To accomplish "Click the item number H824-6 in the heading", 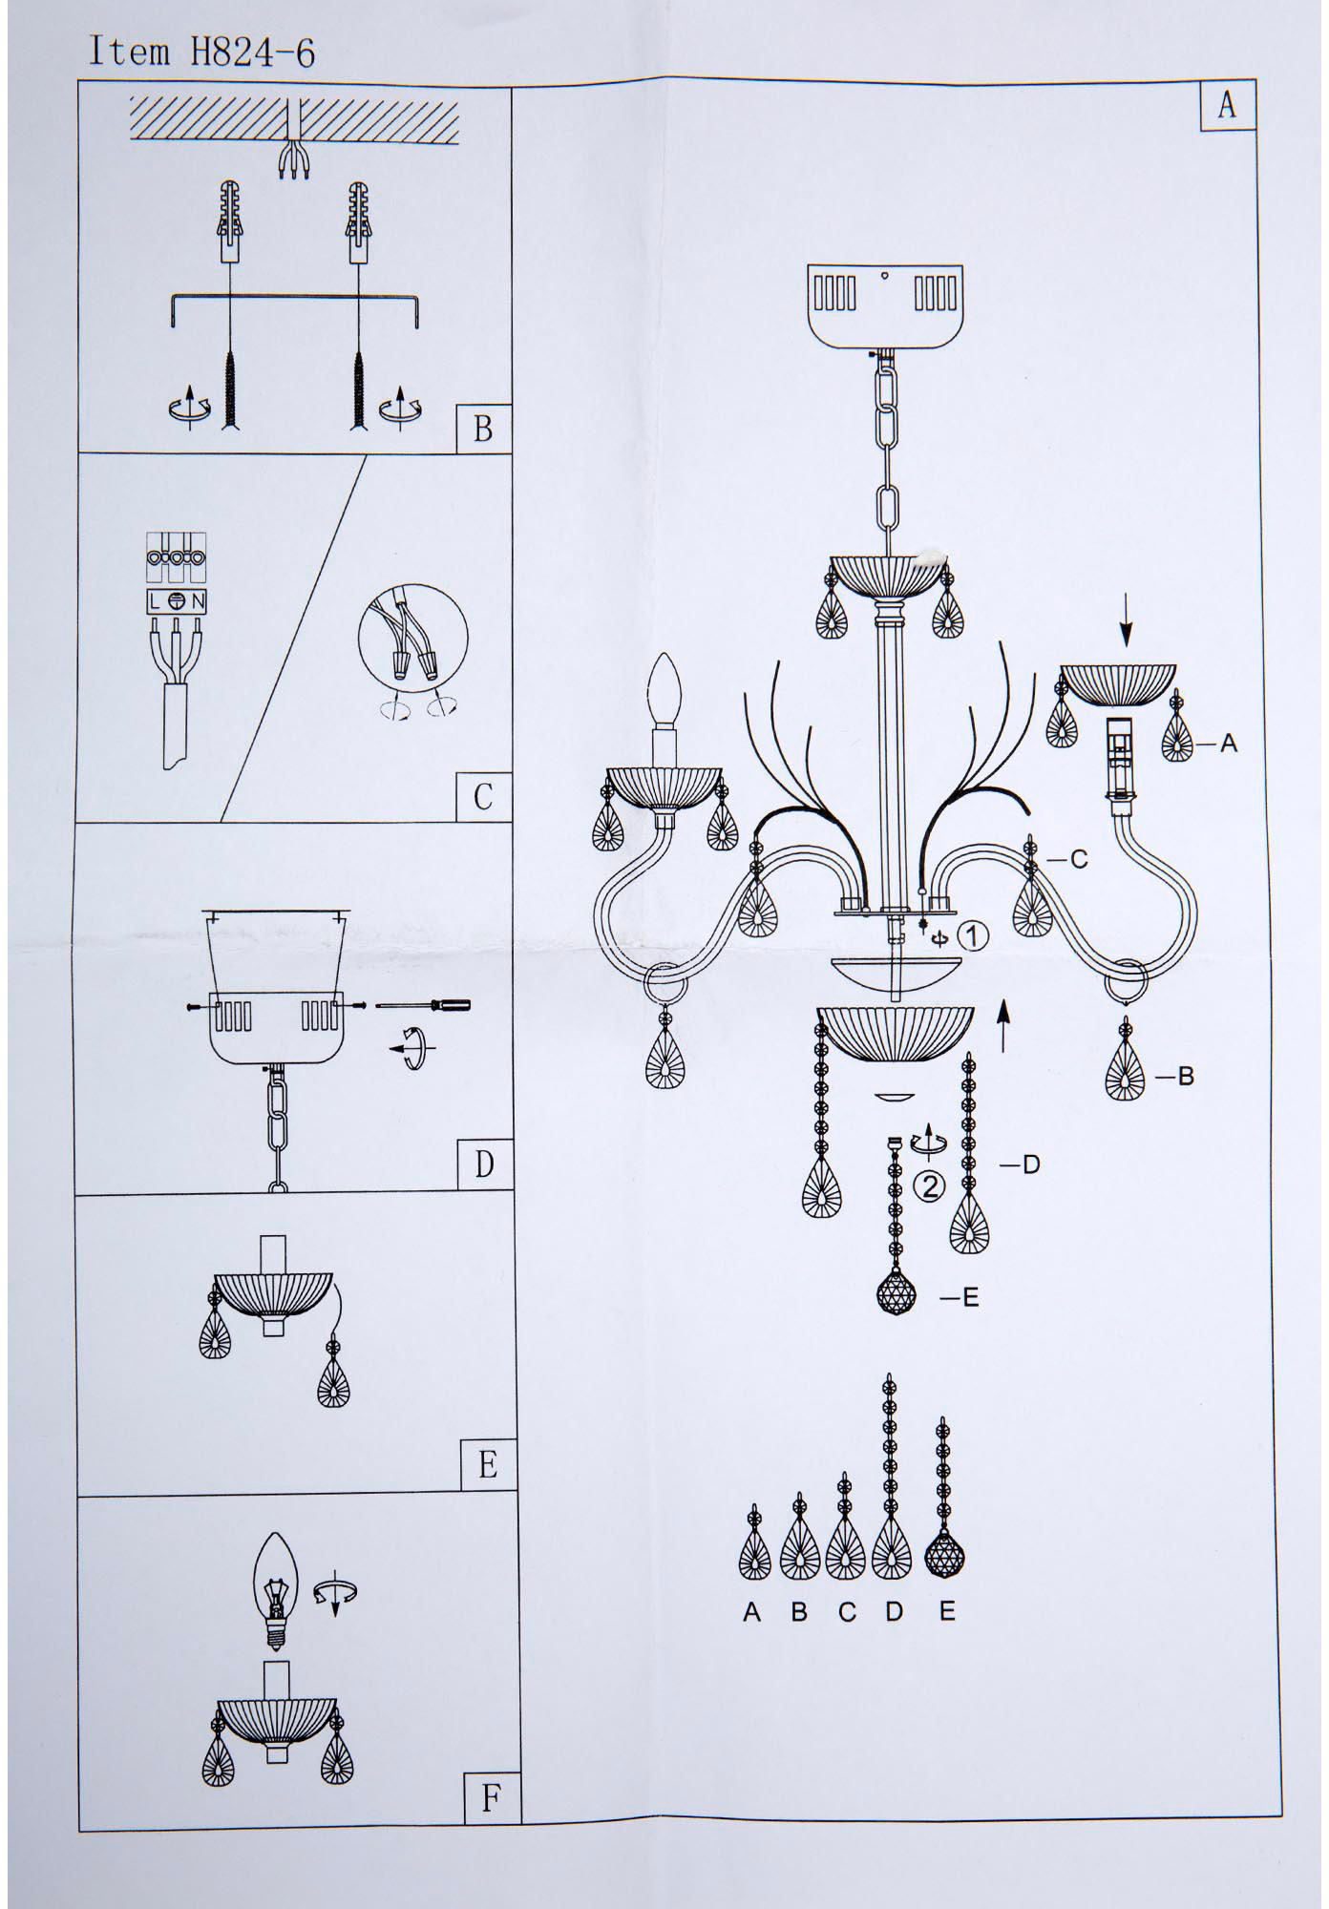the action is click(x=253, y=52).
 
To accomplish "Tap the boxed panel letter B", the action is click(x=483, y=429).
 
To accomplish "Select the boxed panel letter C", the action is click(x=483, y=796).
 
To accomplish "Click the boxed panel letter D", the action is click(x=485, y=1164).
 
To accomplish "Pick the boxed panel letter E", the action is click(x=488, y=1464).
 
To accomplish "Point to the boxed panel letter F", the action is click(x=491, y=1799).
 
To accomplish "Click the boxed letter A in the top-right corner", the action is click(x=1227, y=104).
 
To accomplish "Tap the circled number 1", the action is click(x=972, y=936).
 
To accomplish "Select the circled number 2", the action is click(x=929, y=1186).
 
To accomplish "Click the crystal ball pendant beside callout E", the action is click(x=896, y=1295).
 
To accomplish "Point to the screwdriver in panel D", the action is click(x=423, y=1005).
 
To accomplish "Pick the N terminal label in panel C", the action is click(x=198, y=601).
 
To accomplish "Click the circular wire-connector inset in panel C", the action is click(x=413, y=639).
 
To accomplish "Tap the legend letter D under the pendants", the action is click(x=894, y=1612).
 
